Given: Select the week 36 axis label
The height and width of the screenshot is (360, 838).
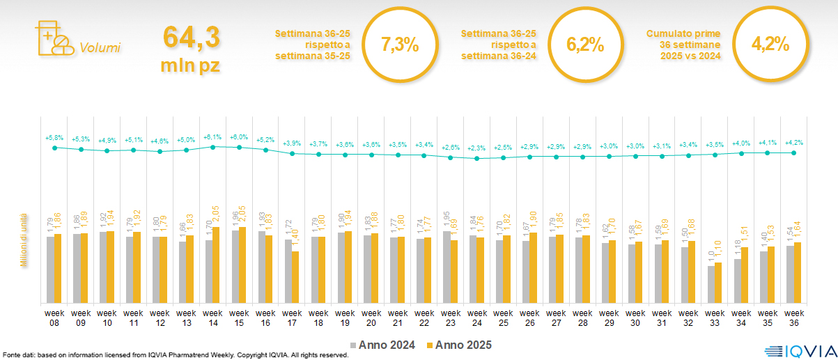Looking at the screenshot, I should tap(794, 317).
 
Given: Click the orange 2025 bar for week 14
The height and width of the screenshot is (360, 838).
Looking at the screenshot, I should tap(217, 265).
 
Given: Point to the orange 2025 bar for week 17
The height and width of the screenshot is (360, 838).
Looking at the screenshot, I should tap(295, 277).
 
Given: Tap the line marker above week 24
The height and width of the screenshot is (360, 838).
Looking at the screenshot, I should tap(476, 159).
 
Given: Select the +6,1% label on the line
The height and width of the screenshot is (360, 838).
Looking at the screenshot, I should tap(212, 137).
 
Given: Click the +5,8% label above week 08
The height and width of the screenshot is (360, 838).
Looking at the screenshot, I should tap(54, 137).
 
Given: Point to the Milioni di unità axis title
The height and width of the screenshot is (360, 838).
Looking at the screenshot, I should tap(23, 240).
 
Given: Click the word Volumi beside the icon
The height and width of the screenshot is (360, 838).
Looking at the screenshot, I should tap(100, 48).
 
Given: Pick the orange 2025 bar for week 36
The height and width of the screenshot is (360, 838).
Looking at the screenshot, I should tap(798, 272).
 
